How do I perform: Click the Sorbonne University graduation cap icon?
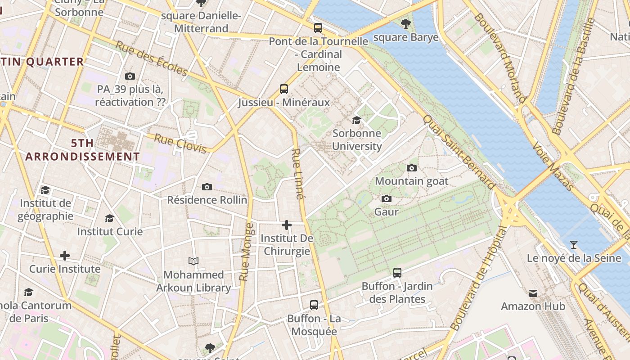356,120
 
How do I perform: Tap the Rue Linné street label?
298,174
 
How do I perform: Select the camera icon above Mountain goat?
411,168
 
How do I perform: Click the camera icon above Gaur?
386,198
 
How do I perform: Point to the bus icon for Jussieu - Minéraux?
283,89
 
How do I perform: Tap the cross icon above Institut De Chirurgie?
287,225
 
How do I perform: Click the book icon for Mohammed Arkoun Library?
193,261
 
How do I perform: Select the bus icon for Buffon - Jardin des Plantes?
397,272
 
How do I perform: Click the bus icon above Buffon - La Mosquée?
314,305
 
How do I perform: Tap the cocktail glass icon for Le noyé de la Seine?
573,245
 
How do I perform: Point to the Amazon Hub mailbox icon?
533,293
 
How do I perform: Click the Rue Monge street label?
246,252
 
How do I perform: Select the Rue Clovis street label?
180,143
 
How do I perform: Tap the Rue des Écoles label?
151,58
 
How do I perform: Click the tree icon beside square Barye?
405,23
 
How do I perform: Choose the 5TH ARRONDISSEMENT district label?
83,150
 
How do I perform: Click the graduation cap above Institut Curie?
109,219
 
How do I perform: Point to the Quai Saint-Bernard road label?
459,152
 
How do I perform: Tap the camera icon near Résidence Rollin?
207,187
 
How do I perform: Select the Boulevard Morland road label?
499,58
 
